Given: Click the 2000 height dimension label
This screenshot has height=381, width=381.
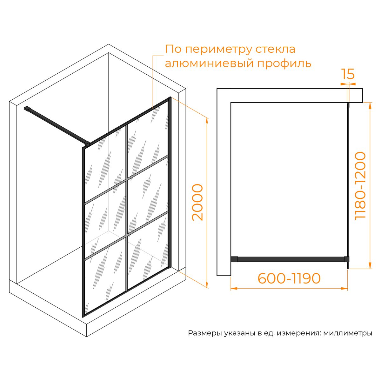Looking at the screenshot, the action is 197,202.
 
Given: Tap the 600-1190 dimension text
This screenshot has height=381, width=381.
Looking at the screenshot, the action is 289,278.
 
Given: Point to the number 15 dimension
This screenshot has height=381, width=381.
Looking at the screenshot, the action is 348,74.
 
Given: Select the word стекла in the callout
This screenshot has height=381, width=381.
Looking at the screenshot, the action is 275,49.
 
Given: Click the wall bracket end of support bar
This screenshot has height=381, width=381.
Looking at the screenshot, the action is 27,109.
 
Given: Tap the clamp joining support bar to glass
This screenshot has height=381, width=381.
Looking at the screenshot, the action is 87,144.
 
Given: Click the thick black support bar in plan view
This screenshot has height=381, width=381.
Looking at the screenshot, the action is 290,259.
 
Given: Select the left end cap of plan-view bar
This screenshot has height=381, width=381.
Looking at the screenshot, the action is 234,259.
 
